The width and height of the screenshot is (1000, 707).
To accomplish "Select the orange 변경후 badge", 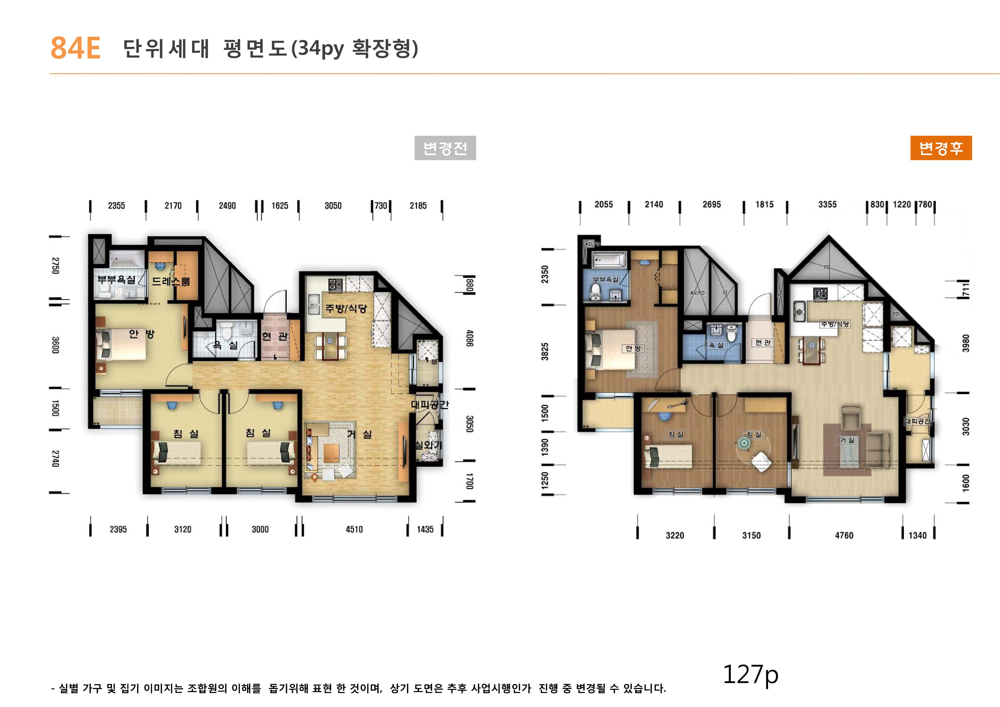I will pyautogui.click(x=940, y=148).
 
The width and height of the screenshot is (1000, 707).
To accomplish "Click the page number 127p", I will pyautogui.click(x=750, y=674).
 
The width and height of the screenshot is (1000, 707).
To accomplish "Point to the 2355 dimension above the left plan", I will pyautogui.click(x=116, y=206).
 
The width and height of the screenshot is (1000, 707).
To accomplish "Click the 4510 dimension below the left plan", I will pyautogui.click(x=354, y=529).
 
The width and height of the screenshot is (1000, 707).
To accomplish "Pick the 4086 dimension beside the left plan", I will pyautogui.click(x=469, y=338).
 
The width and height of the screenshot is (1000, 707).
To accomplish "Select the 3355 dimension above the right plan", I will pyautogui.click(x=827, y=204).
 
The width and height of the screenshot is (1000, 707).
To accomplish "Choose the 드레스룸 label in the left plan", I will pyautogui.click(x=171, y=281).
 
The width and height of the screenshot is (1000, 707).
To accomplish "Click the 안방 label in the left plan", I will pyautogui.click(x=142, y=334).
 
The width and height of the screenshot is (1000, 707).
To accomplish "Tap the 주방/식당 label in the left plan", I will pyautogui.click(x=346, y=309).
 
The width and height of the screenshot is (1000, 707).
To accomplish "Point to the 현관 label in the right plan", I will pyautogui.click(x=763, y=343).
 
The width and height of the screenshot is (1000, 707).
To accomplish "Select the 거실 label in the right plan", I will pyautogui.click(x=847, y=440).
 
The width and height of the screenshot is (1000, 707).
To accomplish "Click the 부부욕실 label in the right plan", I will pyautogui.click(x=605, y=279).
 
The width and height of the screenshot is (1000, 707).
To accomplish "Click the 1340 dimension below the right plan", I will pyautogui.click(x=917, y=535).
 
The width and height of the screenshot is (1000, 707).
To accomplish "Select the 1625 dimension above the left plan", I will pyautogui.click(x=280, y=206).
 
